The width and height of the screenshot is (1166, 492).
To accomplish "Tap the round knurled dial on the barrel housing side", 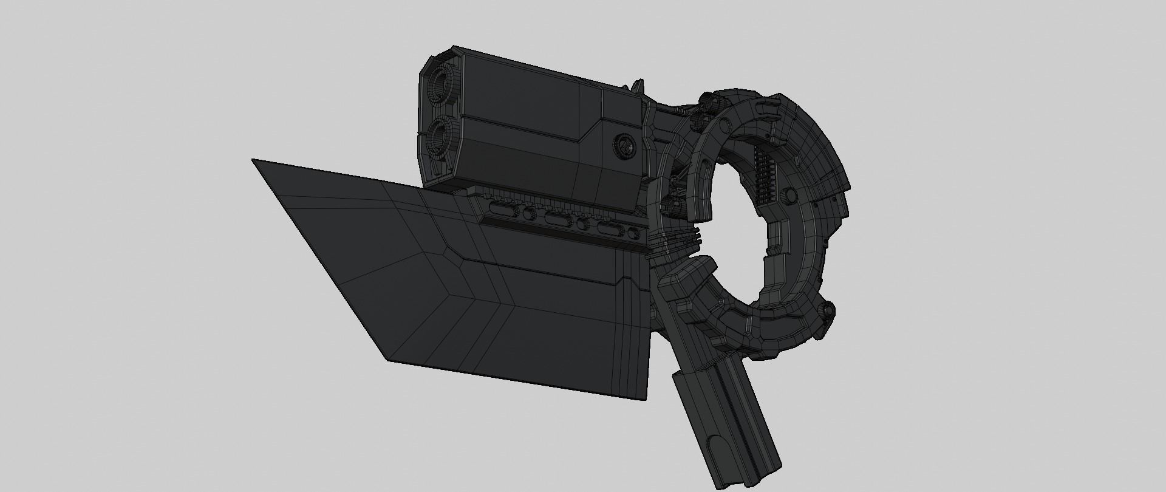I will coord(624,146).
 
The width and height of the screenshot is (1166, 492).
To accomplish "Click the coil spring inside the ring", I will coord(761,176).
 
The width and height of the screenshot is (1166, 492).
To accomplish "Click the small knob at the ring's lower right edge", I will coord(827,311).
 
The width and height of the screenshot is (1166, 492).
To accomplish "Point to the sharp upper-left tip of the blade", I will coord(254,160).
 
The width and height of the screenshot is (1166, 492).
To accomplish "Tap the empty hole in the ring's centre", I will coord(735,213).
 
